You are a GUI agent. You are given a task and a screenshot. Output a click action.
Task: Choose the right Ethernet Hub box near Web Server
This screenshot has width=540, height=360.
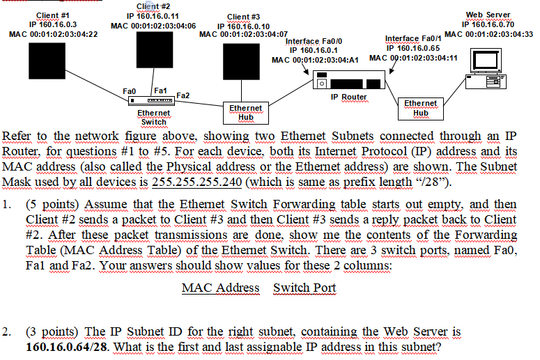(421, 108)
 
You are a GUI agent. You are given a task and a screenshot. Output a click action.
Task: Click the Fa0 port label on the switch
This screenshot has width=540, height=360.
(129, 91)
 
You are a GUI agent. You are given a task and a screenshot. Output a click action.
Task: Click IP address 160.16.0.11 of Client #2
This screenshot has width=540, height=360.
(153, 15)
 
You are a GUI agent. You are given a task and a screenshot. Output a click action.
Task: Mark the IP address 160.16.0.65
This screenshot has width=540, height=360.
(414, 48)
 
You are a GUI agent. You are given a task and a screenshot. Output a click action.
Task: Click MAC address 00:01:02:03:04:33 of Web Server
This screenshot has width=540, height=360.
(488, 33)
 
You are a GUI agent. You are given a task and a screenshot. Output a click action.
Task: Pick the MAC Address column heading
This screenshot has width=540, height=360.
(220, 288)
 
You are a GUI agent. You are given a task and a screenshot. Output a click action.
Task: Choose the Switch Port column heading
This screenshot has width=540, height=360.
(304, 288)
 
